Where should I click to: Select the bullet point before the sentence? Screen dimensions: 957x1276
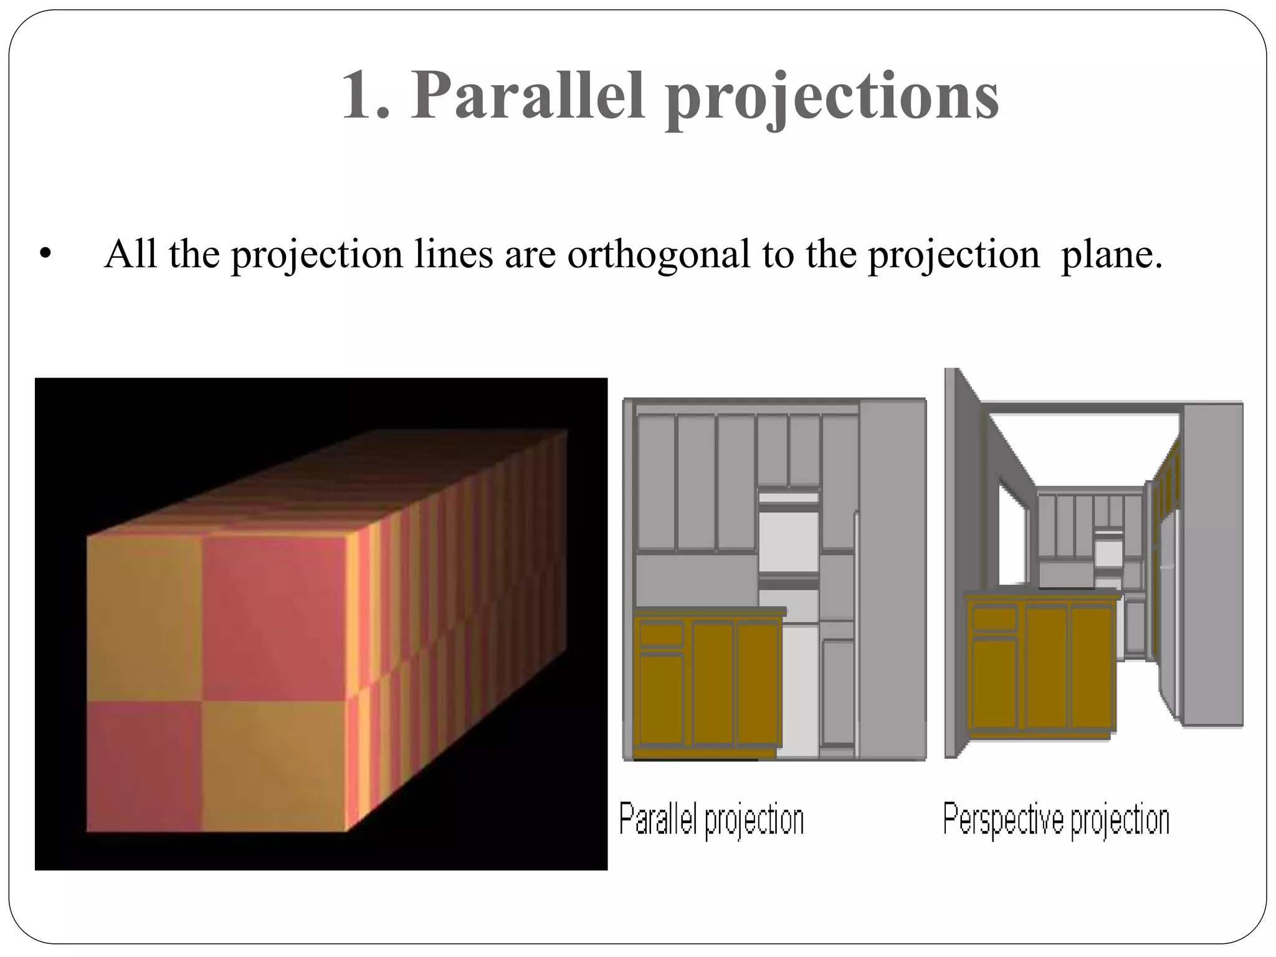[x=45, y=255]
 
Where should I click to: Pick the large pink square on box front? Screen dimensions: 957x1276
[x=274, y=617]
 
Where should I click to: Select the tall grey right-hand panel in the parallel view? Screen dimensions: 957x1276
[x=892, y=579]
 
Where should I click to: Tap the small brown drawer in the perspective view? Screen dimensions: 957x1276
[x=994, y=619]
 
